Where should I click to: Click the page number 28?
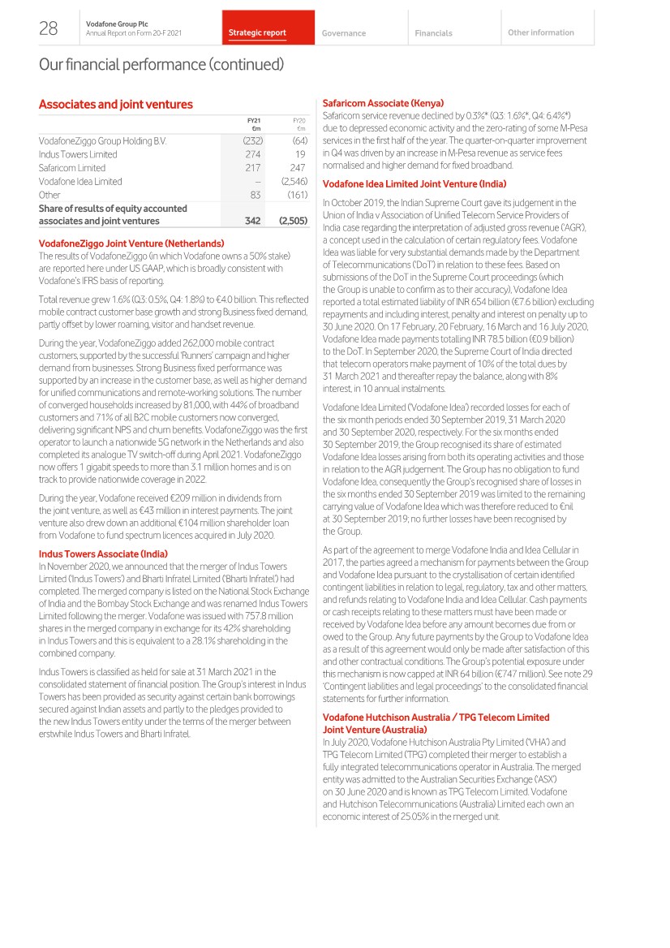[48, 29]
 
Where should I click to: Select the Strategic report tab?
[257, 33]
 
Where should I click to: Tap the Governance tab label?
[343, 33]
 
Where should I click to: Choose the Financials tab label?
[433, 33]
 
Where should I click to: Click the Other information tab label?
[540, 32]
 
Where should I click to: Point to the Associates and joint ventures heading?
[116, 104]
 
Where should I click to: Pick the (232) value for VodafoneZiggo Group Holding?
[251, 140]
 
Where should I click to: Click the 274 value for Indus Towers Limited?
[252, 154]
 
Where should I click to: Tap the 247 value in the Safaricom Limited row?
[297, 168]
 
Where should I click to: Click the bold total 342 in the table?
[252, 220]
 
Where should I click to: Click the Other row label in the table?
[49, 195]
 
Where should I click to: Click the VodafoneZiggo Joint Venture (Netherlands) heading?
[131, 243]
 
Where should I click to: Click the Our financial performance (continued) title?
[161, 64]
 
